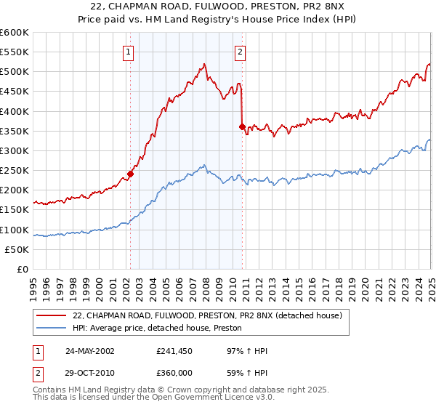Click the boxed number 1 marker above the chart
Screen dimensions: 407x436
click(x=128, y=51)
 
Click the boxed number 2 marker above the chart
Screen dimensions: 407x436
click(x=239, y=51)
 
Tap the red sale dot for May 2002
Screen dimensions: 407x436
click(x=131, y=174)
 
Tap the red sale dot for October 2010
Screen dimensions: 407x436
click(x=242, y=126)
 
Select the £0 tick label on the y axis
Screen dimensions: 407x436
click(x=23, y=269)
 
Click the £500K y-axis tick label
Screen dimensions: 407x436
click(x=15, y=72)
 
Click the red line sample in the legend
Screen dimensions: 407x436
click(x=52, y=315)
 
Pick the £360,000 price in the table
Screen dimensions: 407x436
click(x=174, y=372)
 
